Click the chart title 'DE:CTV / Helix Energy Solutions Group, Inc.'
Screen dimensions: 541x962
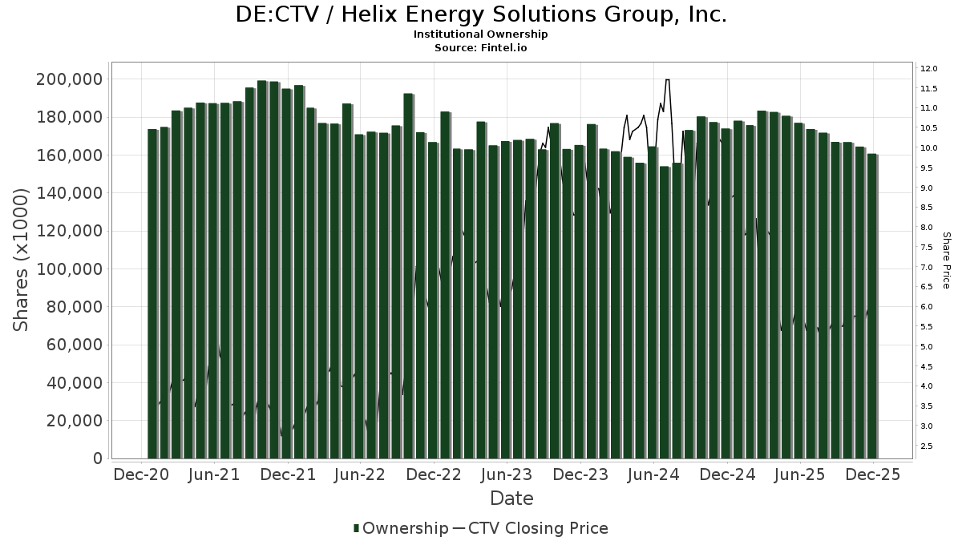click(x=481, y=15)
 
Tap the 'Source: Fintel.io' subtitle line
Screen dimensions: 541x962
click(x=481, y=47)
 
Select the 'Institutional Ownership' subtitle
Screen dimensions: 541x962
click(x=481, y=34)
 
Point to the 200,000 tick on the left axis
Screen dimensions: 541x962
click(x=69, y=79)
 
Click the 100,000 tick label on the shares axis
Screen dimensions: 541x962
click(x=69, y=269)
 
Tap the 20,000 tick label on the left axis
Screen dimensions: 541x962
click(x=74, y=421)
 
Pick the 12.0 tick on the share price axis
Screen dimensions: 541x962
click(x=929, y=68)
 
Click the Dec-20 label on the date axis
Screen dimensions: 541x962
click(x=141, y=475)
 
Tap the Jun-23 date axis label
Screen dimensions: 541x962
click(x=506, y=475)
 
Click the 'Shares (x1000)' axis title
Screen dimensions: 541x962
click(x=22, y=260)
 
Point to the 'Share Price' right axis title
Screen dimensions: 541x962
click(x=947, y=260)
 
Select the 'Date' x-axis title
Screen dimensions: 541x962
click(x=511, y=499)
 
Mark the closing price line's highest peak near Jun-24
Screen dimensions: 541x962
click(x=668, y=79)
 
